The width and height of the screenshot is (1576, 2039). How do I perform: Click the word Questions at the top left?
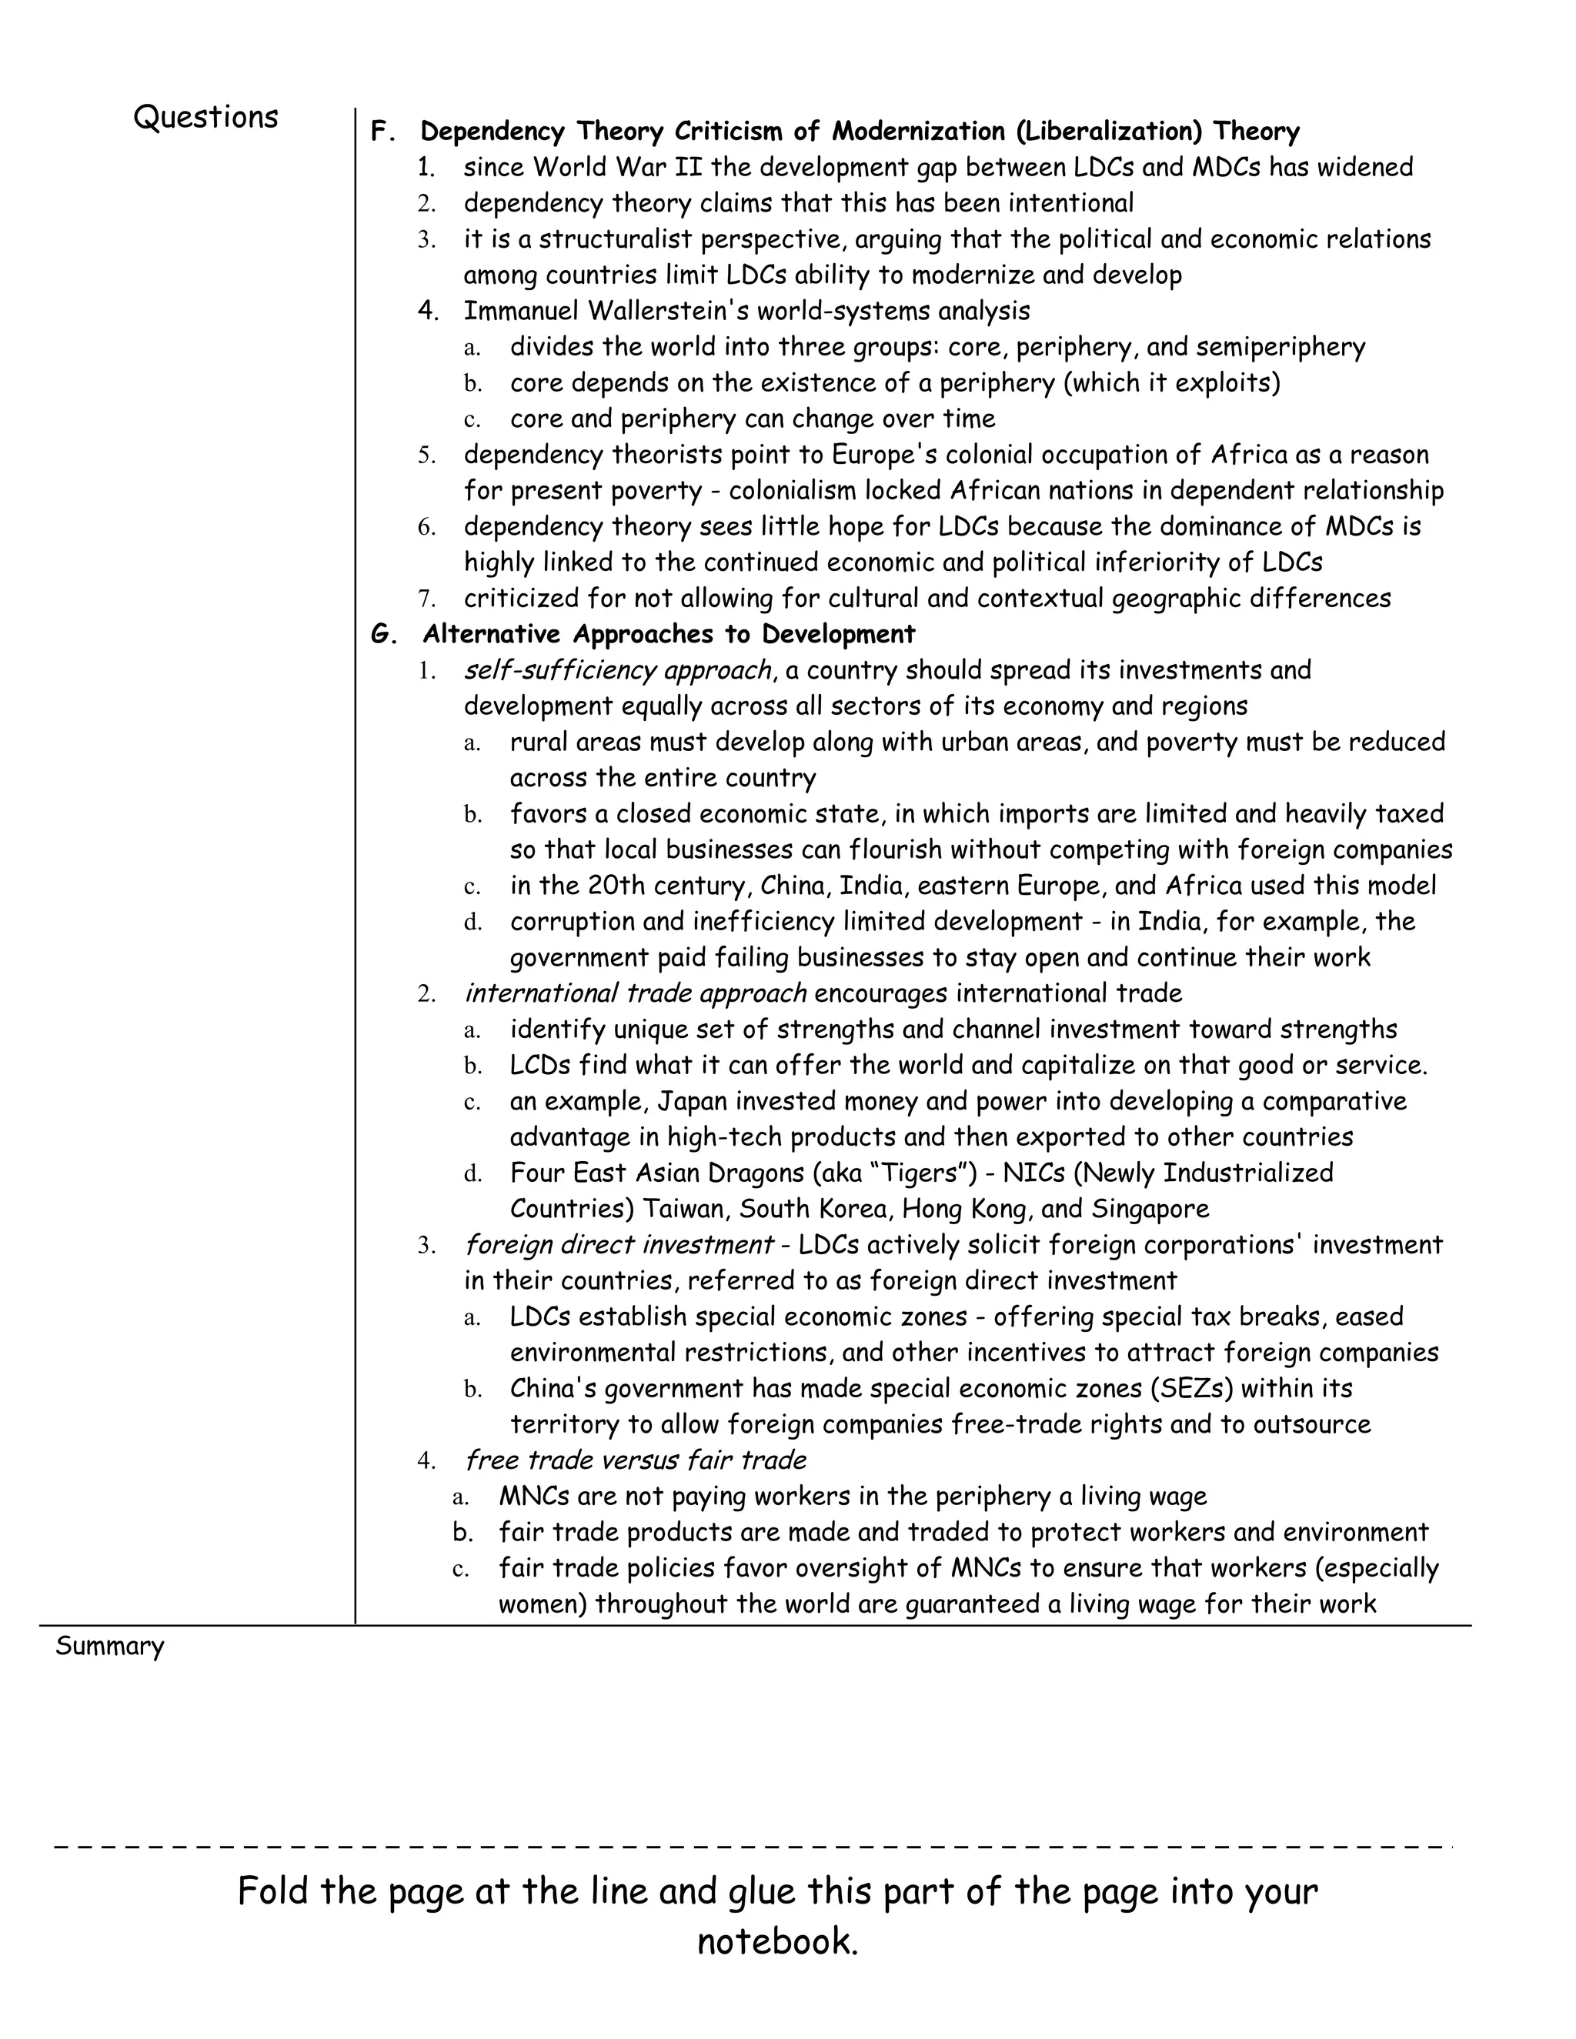click(x=205, y=118)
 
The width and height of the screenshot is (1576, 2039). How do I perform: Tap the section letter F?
click(x=380, y=132)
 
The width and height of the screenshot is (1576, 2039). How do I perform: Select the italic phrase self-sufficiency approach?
click(x=617, y=670)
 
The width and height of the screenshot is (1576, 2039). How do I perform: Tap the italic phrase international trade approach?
click(x=635, y=993)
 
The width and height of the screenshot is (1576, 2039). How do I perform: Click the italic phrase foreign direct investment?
click(x=618, y=1246)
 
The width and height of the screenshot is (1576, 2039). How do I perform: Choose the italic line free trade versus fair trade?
click(x=635, y=1460)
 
